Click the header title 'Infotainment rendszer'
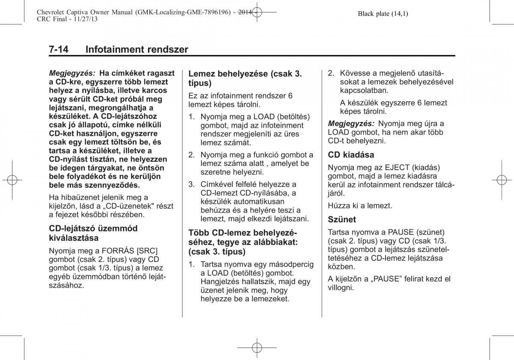[x=137, y=49]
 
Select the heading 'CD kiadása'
[x=351, y=155]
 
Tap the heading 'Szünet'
[x=342, y=219]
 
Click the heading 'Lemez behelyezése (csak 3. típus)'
[x=245, y=78]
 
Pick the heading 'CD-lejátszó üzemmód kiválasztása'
[x=93, y=233]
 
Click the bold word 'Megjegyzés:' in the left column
[x=72, y=73]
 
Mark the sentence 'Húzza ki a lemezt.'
[x=360, y=206]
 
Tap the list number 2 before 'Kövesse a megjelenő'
[x=330, y=73]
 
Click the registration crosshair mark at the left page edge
[x=12, y=180]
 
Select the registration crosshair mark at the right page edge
[x=502, y=180]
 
